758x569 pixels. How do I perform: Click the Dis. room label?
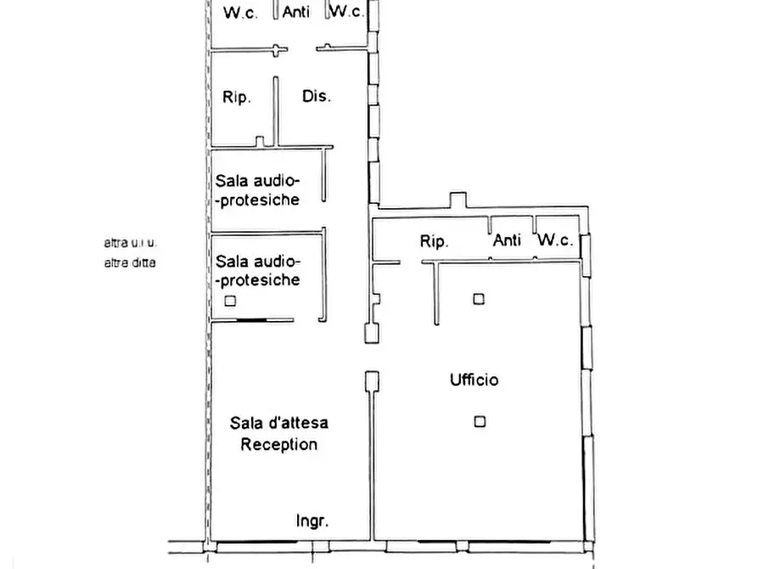(x=317, y=96)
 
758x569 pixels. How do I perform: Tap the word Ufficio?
(x=474, y=380)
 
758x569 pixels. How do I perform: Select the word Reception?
(x=279, y=444)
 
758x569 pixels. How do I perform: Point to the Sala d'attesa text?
(x=279, y=422)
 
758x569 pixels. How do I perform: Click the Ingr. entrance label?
(x=312, y=521)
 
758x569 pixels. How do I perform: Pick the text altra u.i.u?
(x=131, y=242)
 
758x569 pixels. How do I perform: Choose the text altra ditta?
(x=130, y=262)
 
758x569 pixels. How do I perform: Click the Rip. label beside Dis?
(x=237, y=97)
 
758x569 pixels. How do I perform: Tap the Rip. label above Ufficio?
(x=434, y=241)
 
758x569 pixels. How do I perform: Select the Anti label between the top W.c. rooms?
(x=296, y=12)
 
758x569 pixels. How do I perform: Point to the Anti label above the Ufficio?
(x=507, y=240)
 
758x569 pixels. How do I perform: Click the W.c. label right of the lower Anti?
(x=555, y=239)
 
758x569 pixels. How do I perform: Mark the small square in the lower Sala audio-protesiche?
(x=230, y=301)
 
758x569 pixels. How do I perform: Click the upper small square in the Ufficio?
(x=479, y=299)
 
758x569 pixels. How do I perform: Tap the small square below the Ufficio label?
(x=480, y=421)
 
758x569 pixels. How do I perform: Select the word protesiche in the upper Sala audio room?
(x=260, y=200)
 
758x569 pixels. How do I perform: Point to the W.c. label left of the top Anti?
(x=240, y=13)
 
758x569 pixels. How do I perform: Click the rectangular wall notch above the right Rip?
(x=458, y=200)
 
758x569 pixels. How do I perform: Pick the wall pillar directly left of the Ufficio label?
(x=372, y=381)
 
